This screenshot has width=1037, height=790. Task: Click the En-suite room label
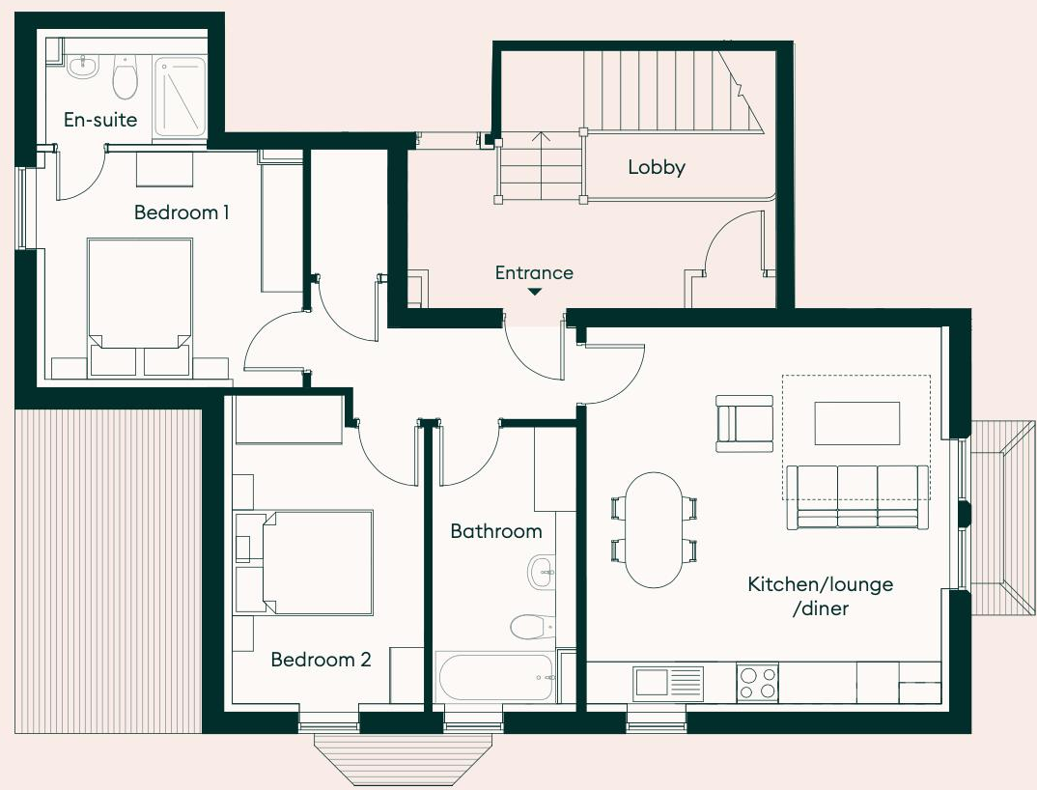click(x=100, y=121)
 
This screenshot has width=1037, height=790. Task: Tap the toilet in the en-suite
click(x=125, y=77)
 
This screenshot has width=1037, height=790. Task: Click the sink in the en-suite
click(x=82, y=67)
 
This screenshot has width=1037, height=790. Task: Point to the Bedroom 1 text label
click(x=182, y=212)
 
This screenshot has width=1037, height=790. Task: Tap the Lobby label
click(x=657, y=167)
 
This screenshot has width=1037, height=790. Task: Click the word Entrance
click(x=534, y=273)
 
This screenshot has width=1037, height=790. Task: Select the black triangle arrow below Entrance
click(x=534, y=292)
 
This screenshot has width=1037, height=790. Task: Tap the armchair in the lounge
click(x=744, y=423)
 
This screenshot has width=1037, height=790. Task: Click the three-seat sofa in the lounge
click(x=857, y=496)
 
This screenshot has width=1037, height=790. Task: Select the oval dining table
click(x=654, y=529)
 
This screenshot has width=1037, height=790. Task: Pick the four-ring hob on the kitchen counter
click(x=757, y=682)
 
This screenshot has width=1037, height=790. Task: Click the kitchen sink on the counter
click(x=668, y=682)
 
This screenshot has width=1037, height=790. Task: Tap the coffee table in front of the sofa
click(x=857, y=423)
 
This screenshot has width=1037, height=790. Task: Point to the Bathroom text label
click(x=496, y=531)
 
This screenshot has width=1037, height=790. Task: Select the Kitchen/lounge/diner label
click(x=820, y=596)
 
